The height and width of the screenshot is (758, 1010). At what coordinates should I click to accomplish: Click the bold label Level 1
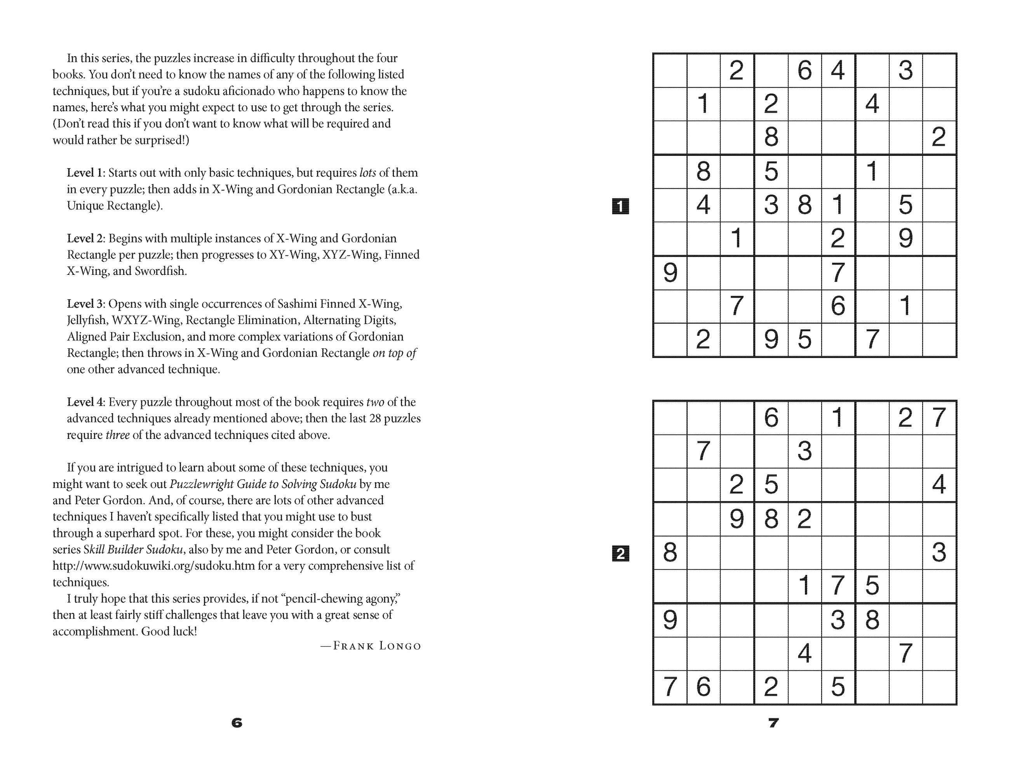[85, 173]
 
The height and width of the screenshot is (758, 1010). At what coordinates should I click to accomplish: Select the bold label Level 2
[85, 239]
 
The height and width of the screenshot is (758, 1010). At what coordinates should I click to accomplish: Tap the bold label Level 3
[85, 304]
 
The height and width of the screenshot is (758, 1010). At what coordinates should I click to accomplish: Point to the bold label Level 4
[85, 402]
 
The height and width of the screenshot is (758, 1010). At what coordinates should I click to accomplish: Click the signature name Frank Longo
[376, 646]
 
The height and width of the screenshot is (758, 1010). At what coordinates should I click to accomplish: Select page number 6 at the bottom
[237, 723]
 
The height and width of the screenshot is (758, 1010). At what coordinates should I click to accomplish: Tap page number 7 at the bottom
[773, 723]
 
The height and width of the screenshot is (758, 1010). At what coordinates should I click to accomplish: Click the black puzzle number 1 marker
[620, 206]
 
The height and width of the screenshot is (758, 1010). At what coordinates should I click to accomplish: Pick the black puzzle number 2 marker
[620, 554]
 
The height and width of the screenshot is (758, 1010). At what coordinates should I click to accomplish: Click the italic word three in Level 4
[117, 435]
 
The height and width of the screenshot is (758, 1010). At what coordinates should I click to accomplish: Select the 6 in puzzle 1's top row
[805, 70]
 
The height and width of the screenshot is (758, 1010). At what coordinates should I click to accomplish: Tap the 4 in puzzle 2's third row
[939, 485]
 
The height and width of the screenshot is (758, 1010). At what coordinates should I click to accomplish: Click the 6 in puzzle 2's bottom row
[703, 687]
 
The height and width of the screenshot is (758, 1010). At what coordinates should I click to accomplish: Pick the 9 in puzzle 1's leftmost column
[670, 273]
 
